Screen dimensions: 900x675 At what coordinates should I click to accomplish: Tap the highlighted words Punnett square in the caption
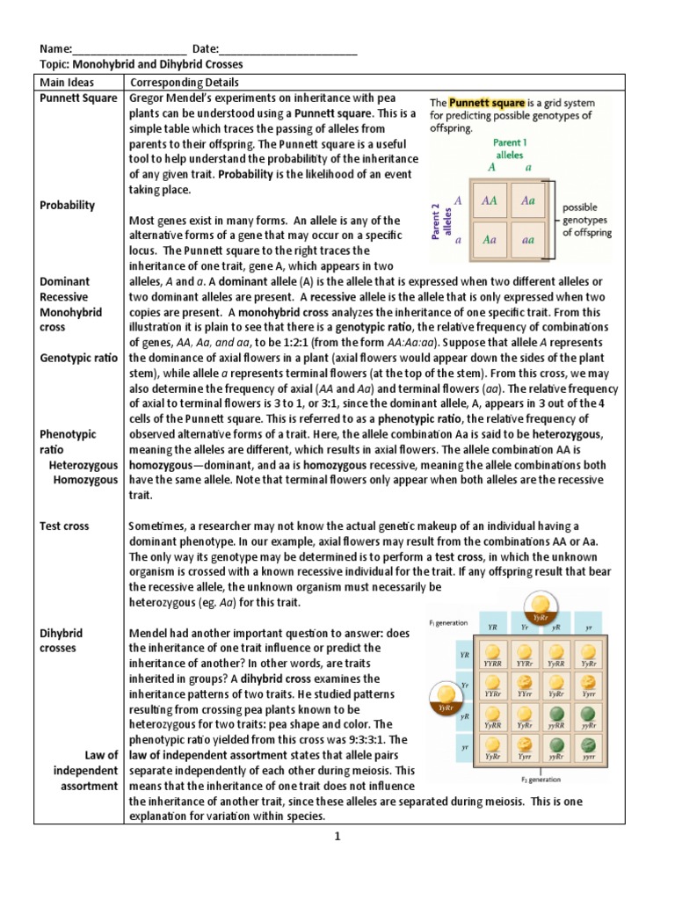click(481, 102)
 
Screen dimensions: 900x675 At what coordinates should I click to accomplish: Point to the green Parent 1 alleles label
click(510, 148)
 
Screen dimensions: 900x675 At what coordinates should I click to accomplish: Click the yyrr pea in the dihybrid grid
click(587, 748)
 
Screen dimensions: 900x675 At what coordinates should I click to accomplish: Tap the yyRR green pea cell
click(557, 716)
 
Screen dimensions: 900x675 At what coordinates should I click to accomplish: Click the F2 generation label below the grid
click(539, 779)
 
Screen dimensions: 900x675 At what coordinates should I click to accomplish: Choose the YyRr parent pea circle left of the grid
click(446, 699)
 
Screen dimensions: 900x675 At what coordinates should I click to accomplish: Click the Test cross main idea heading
click(64, 526)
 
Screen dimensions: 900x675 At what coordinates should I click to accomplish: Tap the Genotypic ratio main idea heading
click(78, 358)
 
